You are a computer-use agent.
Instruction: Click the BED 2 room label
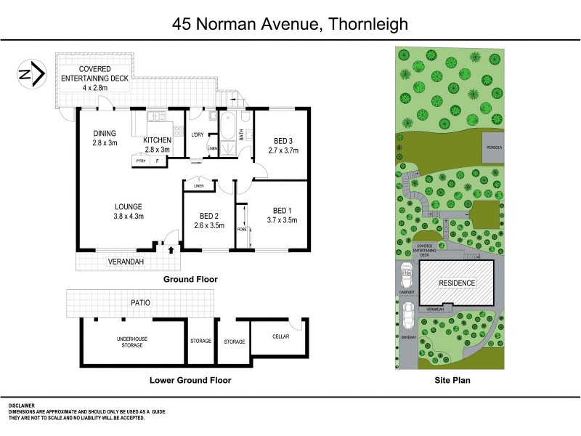[x=208, y=216]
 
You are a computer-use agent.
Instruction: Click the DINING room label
[x=105, y=133]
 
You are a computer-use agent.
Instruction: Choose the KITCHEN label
[x=157, y=140]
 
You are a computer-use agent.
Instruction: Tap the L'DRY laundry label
[x=197, y=134]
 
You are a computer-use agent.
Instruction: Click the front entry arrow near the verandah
[x=171, y=249]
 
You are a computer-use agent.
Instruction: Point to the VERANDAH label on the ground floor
[x=125, y=261]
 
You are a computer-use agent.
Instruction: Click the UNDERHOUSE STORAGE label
[x=131, y=342]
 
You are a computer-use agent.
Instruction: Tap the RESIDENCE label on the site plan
[x=455, y=283]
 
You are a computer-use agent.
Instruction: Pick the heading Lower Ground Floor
[x=190, y=380]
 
